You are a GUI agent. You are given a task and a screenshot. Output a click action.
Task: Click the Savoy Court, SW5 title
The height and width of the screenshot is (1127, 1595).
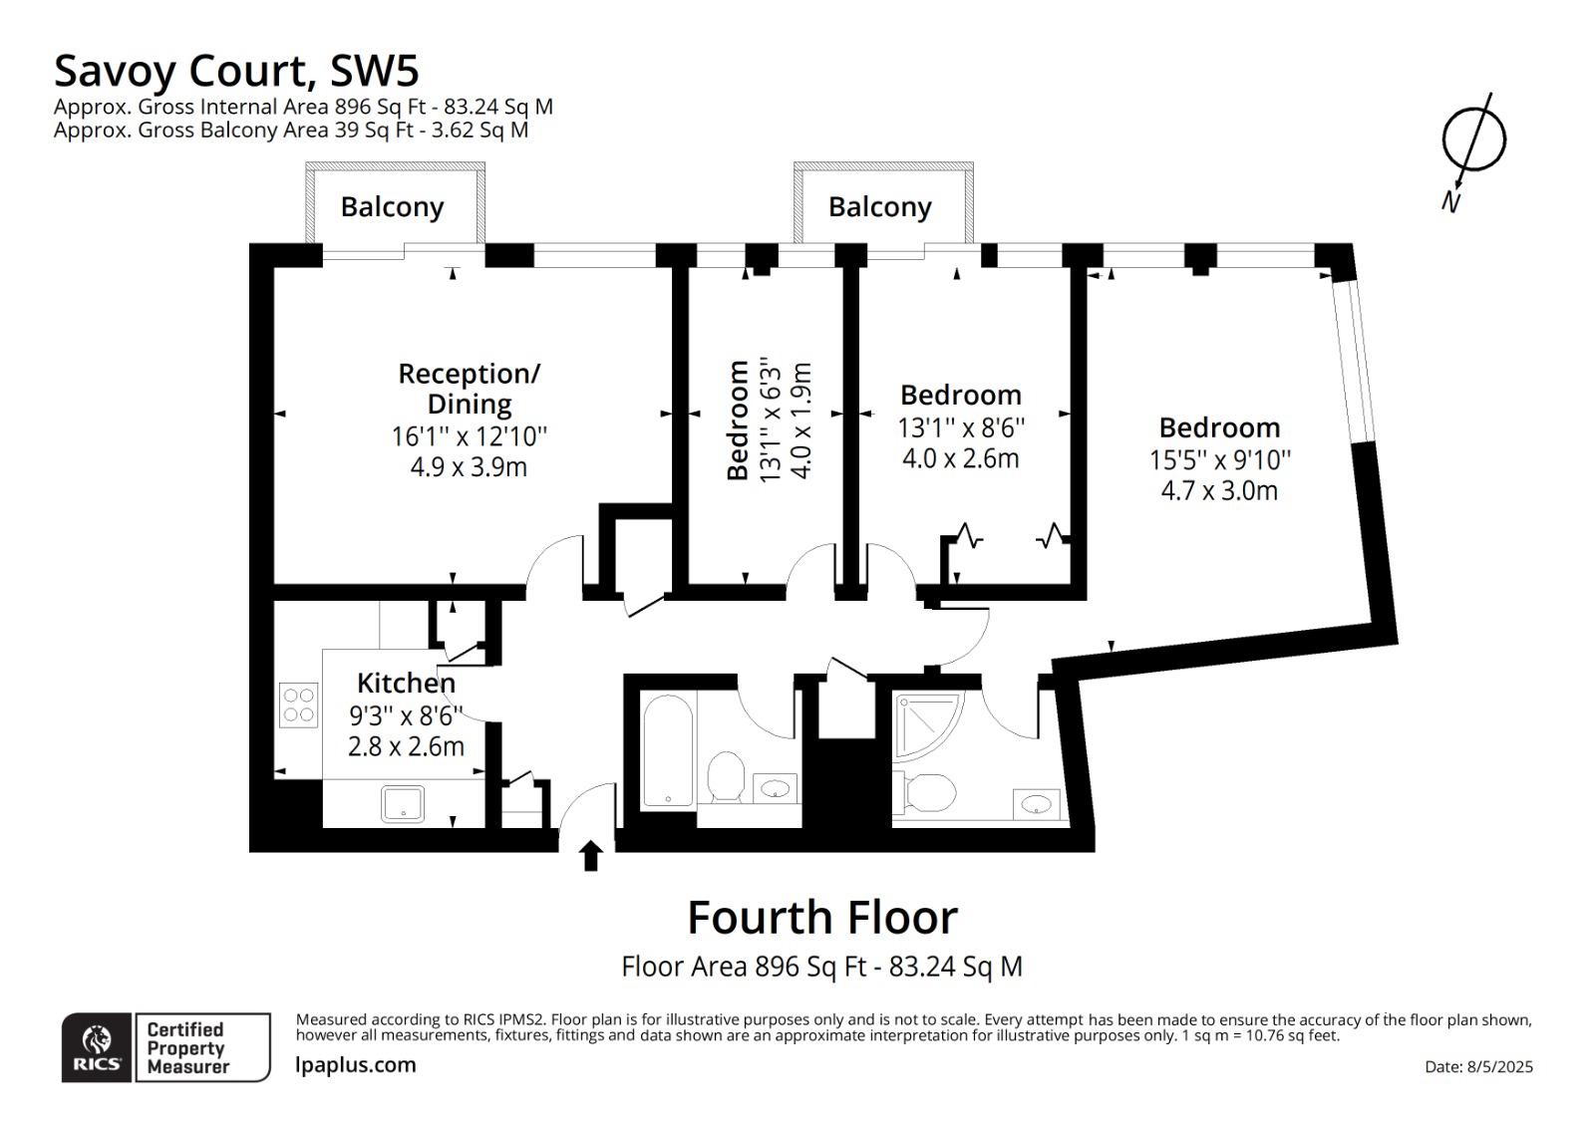(x=236, y=71)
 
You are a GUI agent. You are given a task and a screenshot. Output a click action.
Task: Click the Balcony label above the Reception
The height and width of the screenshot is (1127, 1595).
(x=393, y=207)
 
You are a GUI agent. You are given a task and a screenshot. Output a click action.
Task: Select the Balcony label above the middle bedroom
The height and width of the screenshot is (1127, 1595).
(x=880, y=207)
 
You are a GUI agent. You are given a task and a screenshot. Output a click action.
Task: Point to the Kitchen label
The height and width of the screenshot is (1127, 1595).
(x=406, y=683)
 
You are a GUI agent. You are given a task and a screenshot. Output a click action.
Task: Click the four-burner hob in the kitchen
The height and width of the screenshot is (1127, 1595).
(x=298, y=704)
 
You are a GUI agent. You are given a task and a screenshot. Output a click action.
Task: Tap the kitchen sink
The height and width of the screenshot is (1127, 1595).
(x=403, y=804)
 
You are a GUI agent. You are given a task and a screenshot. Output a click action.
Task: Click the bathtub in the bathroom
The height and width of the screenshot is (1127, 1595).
(x=668, y=750)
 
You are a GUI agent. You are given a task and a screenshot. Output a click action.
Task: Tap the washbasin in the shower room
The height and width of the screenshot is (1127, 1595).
(x=1036, y=804)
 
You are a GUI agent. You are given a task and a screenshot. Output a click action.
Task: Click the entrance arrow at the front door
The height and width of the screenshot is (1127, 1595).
(x=590, y=856)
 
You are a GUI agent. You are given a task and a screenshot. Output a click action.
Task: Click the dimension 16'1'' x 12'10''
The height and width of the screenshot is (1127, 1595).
(x=470, y=436)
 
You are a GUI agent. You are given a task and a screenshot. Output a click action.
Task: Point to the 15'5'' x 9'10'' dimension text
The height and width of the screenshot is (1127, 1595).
(x=1220, y=460)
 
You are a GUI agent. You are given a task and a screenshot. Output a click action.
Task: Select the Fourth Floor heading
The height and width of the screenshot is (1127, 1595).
(x=822, y=918)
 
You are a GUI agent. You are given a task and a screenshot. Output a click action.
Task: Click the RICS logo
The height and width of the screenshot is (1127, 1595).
(x=96, y=1048)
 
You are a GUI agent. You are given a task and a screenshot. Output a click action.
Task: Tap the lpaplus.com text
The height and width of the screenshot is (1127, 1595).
(x=355, y=1065)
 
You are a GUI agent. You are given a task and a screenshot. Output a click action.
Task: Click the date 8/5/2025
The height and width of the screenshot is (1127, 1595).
(x=1499, y=1066)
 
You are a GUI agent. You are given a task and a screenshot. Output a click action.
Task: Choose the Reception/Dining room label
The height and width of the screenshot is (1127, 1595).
(x=470, y=389)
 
